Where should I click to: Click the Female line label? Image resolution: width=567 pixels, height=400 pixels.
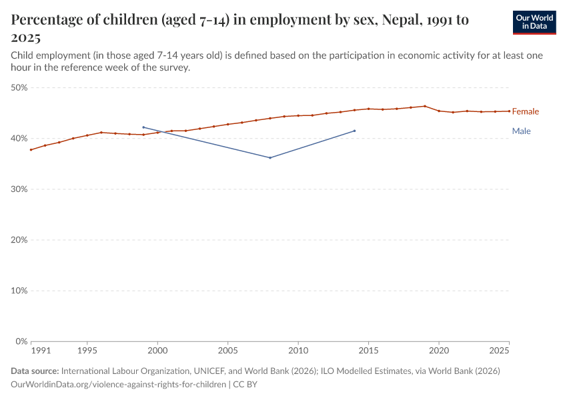[x=525, y=111]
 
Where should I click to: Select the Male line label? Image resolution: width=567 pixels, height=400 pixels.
[x=521, y=131]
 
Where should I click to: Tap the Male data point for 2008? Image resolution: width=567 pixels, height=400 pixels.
[x=270, y=158]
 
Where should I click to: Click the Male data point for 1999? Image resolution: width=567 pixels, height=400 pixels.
[x=143, y=127]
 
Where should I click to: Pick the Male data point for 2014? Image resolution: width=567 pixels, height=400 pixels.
[x=354, y=131]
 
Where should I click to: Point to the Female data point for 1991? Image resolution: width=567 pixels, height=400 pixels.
[x=31, y=149]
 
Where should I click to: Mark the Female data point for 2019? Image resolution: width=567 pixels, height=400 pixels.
[x=425, y=106]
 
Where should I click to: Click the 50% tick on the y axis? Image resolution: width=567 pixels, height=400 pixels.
[x=19, y=87]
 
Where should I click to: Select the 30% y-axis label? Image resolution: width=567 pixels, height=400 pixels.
[x=19, y=189]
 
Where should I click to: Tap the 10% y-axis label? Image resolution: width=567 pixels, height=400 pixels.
[x=19, y=291]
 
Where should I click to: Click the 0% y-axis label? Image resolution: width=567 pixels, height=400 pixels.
[x=21, y=341]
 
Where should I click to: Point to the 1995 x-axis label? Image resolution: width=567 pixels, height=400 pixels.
[x=87, y=350]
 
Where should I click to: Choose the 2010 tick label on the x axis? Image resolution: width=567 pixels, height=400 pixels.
[x=298, y=350]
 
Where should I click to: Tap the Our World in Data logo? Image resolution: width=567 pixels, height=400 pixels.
[x=534, y=22]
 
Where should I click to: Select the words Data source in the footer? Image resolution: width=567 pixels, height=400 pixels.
[x=34, y=371]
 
